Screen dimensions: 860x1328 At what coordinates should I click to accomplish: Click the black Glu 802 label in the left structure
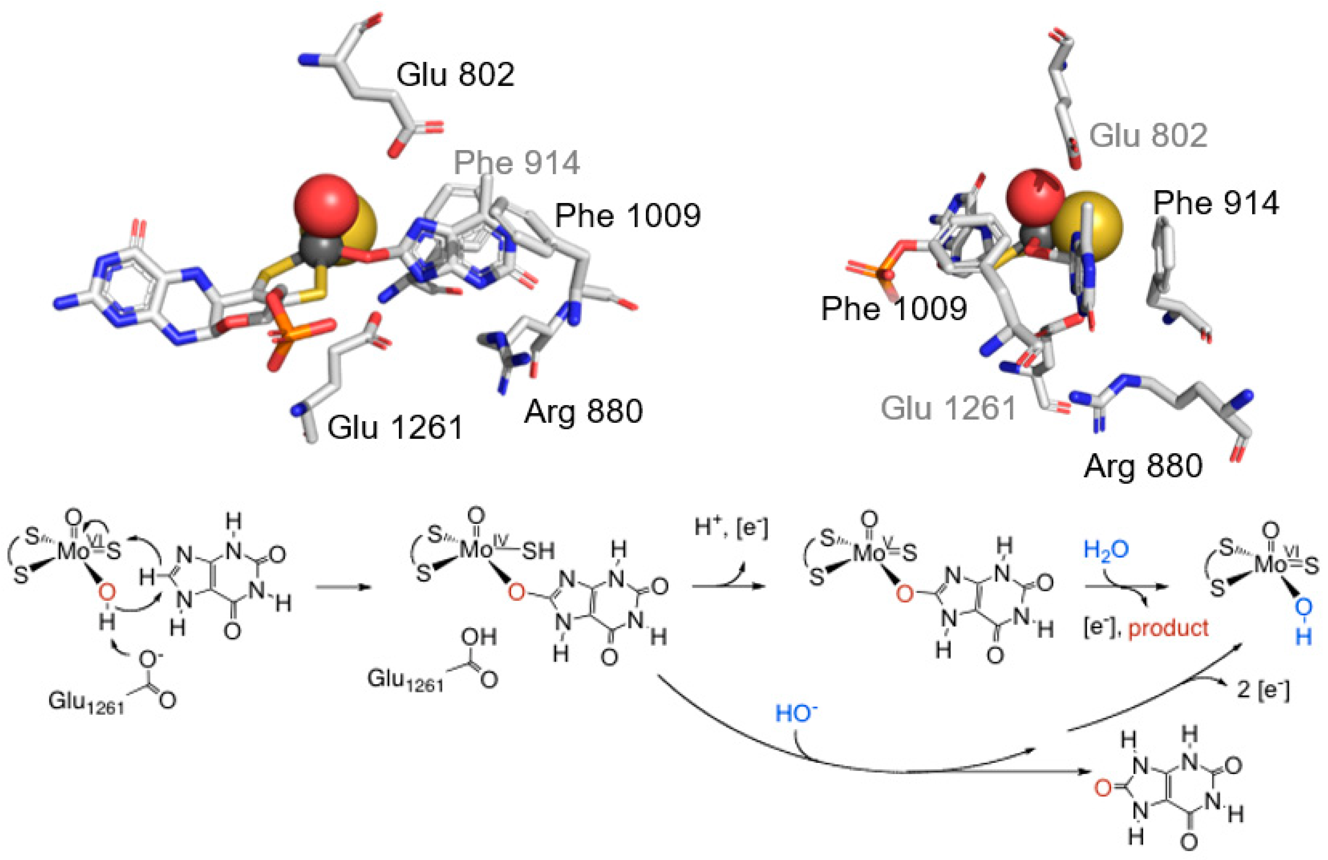(x=455, y=74)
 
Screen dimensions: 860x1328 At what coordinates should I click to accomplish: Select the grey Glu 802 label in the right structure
(x=1148, y=135)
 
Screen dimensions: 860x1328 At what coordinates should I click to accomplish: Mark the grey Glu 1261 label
(x=949, y=409)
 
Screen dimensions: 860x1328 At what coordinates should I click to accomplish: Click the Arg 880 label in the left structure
(x=583, y=411)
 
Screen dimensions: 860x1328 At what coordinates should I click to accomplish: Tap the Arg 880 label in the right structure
(x=1143, y=466)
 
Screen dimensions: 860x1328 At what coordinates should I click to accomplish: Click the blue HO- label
(x=797, y=714)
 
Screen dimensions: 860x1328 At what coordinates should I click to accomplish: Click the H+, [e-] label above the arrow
(x=731, y=528)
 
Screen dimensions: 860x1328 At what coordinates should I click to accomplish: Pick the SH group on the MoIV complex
(x=538, y=551)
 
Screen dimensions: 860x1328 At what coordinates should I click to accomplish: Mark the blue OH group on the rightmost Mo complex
(x=1303, y=625)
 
